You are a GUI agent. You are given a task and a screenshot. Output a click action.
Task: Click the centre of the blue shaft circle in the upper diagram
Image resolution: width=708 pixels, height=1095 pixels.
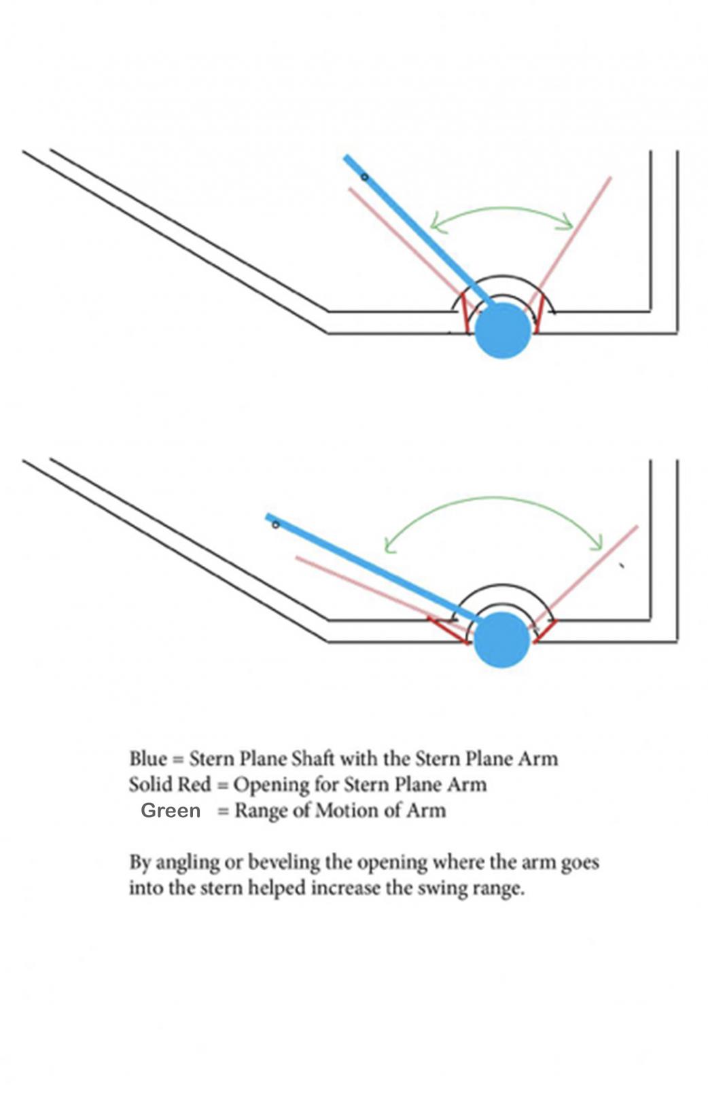click(x=503, y=330)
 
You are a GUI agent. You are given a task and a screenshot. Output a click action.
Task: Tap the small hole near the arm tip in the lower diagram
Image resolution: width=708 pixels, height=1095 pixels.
click(x=276, y=525)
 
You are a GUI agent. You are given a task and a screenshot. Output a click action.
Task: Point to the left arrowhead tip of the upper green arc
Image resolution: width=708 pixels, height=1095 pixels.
click(x=431, y=227)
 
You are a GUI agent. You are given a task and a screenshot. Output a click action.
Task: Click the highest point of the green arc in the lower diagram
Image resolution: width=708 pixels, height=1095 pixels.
click(x=494, y=498)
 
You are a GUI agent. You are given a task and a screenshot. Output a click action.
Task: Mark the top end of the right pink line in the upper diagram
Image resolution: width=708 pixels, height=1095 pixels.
click(x=612, y=177)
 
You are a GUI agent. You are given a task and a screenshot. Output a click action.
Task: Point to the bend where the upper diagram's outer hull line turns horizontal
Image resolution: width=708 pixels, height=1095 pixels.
click(x=328, y=333)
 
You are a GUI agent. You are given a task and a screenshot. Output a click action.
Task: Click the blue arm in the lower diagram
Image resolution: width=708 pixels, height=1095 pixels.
click(x=372, y=567)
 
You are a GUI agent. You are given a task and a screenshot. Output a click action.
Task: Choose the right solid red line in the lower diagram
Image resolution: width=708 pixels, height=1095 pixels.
click(x=546, y=630)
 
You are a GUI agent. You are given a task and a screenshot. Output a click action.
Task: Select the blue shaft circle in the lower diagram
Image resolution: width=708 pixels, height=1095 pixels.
click(x=502, y=639)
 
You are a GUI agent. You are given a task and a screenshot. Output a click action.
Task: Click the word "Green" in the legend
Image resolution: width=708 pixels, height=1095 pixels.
click(x=171, y=810)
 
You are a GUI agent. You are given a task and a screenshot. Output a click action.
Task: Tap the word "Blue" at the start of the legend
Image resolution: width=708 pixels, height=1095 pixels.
click(x=148, y=759)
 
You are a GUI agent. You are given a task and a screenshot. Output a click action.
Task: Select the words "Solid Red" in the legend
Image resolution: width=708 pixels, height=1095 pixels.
click(x=170, y=785)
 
